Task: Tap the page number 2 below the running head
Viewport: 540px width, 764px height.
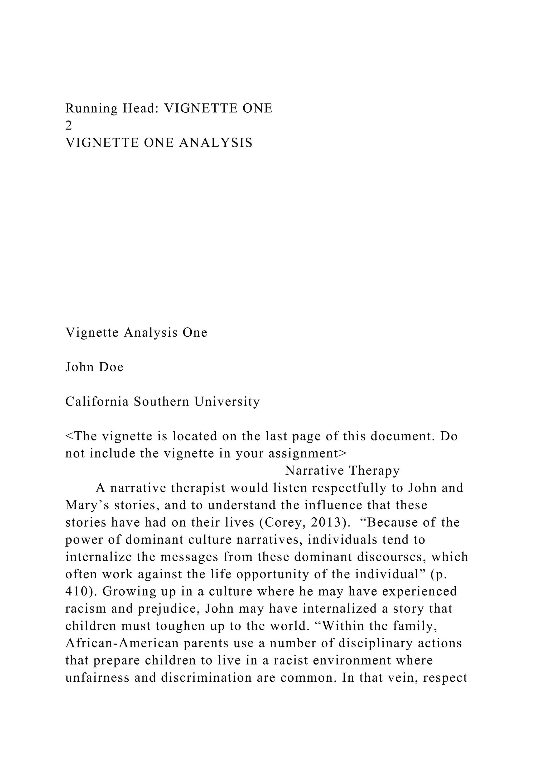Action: (x=69, y=126)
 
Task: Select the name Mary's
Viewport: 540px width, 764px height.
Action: (x=88, y=505)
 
